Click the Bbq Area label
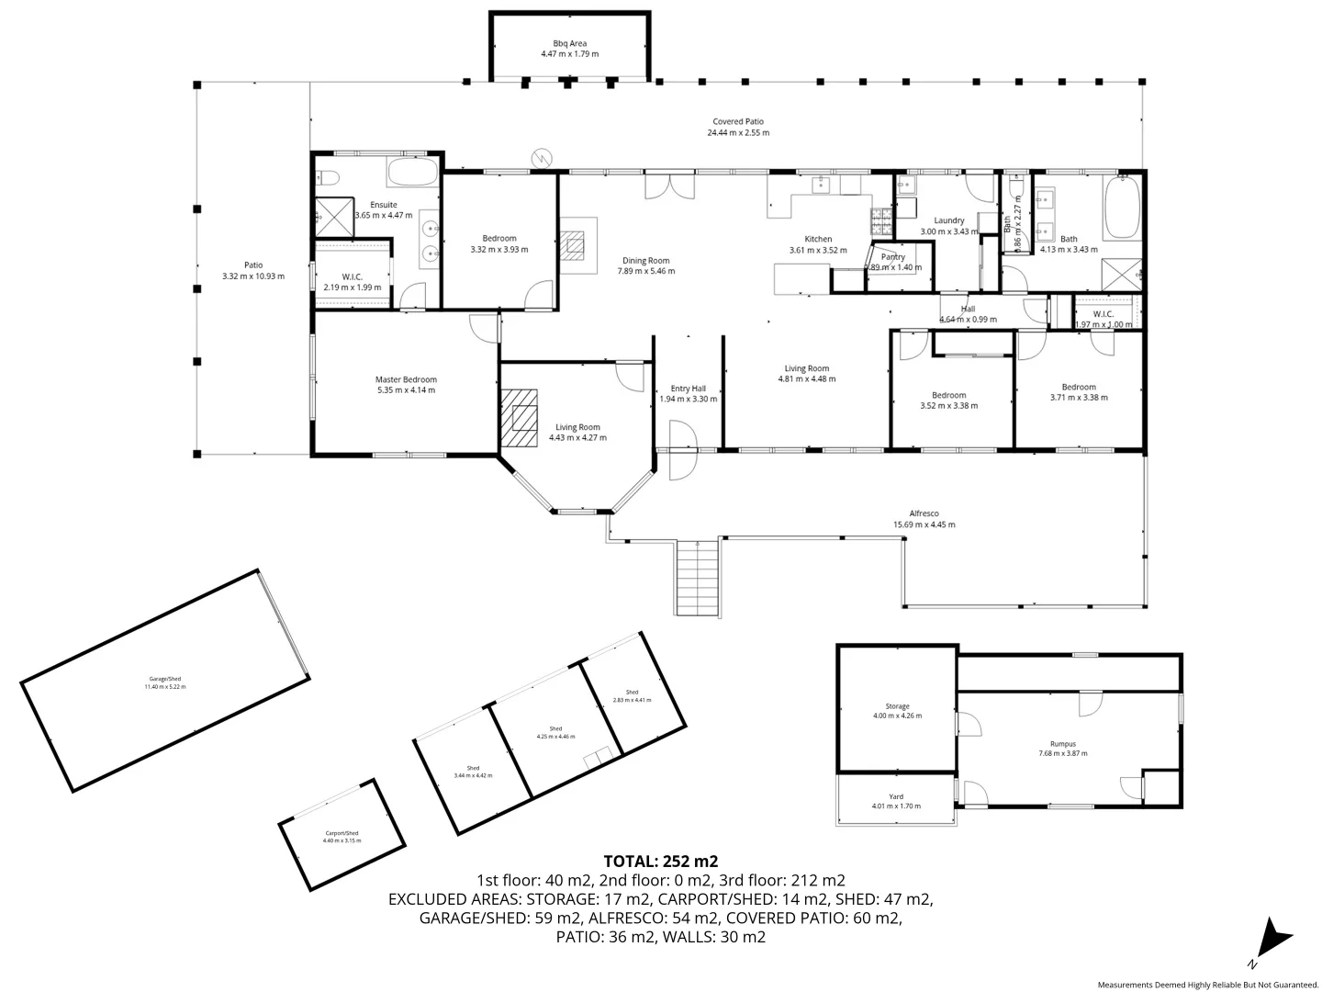[x=569, y=43]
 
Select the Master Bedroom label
[x=406, y=379]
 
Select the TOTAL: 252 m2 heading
[x=660, y=862]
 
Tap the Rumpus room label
[x=1062, y=744]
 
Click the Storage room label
[x=897, y=706]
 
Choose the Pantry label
[x=892, y=257]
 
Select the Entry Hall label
[x=688, y=389]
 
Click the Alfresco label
[x=924, y=513]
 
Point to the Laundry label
[x=948, y=220]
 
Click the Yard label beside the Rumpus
[x=896, y=796]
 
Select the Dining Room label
[x=645, y=261]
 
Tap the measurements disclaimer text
[x=1207, y=984]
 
